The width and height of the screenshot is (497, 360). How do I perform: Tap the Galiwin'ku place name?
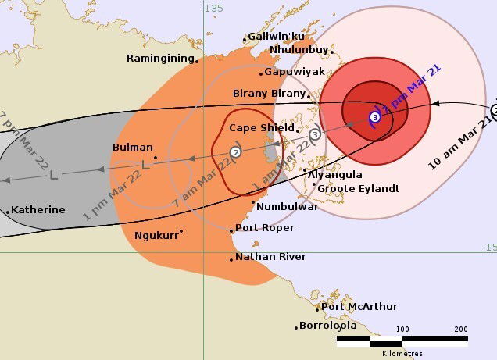click(277, 37)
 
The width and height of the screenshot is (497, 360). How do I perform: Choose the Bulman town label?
click(132, 147)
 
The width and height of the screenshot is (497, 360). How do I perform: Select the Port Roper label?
click(265, 228)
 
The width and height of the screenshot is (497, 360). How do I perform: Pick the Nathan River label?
click(270, 256)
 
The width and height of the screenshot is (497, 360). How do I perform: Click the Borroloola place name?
click(328, 326)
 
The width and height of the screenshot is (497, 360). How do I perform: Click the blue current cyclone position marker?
click(375, 117)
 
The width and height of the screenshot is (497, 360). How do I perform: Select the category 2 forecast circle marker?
click(235, 152)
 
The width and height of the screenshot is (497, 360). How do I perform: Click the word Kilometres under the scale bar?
click(402, 354)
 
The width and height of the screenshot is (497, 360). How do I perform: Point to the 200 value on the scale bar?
click(460, 329)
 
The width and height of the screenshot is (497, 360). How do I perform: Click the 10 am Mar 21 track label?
click(461, 141)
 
